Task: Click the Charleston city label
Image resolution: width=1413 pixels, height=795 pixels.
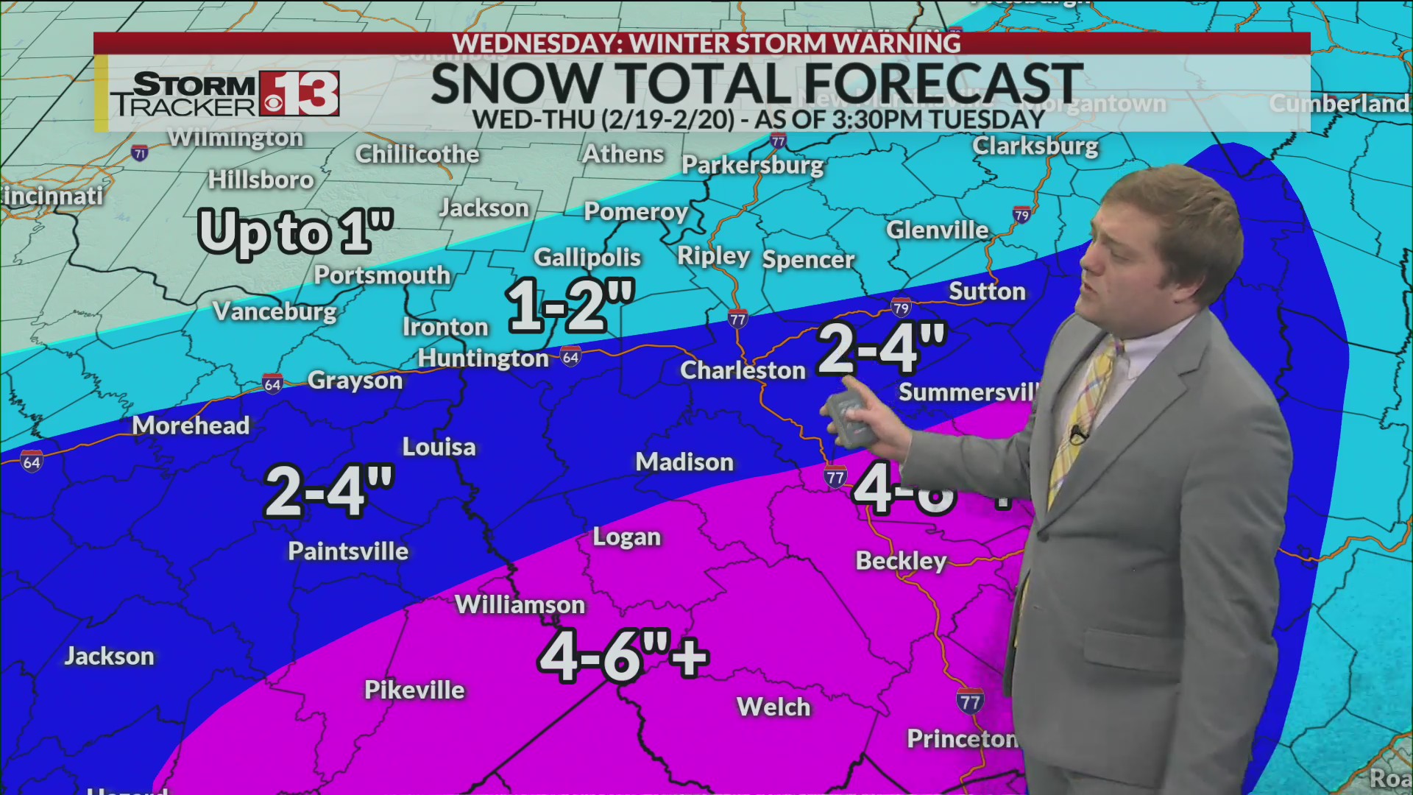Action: pyautogui.click(x=743, y=370)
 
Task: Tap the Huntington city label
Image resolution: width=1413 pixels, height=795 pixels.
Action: pyautogui.click(x=483, y=358)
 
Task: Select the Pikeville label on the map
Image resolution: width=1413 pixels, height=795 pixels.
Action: pyautogui.click(x=414, y=690)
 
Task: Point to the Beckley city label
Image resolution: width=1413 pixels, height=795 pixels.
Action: pyautogui.click(x=901, y=561)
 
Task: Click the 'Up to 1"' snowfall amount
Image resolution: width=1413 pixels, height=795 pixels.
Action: pyautogui.click(x=295, y=232)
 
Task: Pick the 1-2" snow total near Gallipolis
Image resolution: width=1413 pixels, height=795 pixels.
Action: pyautogui.click(x=570, y=305)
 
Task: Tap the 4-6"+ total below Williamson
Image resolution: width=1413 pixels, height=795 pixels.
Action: pyautogui.click(x=623, y=656)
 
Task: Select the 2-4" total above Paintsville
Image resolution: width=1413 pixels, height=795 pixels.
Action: pyautogui.click(x=329, y=491)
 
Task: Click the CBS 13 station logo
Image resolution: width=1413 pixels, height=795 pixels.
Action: pyautogui.click(x=299, y=94)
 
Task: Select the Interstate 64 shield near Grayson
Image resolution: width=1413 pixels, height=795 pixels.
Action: pyautogui.click(x=272, y=384)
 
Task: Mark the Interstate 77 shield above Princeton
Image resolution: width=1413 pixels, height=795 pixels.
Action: pyautogui.click(x=969, y=702)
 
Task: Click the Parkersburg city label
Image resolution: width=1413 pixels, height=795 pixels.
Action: pyautogui.click(x=752, y=165)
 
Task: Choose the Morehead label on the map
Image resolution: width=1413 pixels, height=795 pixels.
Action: pyautogui.click(x=191, y=425)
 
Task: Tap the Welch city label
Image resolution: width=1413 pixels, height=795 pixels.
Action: pyautogui.click(x=773, y=707)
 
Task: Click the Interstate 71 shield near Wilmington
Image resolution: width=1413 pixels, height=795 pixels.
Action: pyautogui.click(x=140, y=153)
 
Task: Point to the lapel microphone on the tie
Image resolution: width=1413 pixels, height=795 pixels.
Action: pyautogui.click(x=1078, y=434)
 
